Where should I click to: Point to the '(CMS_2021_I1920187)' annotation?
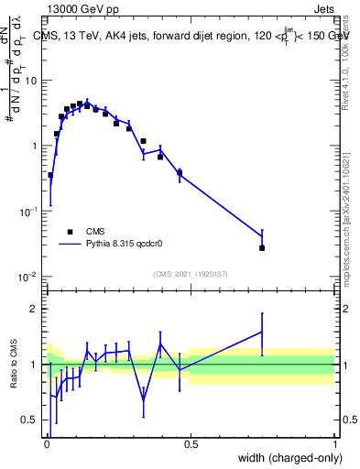(x=190, y=274)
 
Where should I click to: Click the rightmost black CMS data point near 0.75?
(x=262, y=247)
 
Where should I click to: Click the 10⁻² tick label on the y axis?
(x=30, y=277)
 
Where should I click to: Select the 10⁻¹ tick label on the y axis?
(x=30, y=212)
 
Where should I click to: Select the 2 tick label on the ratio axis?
(x=36, y=309)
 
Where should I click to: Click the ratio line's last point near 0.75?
(x=262, y=333)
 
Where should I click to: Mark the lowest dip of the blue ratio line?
(x=144, y=400)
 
